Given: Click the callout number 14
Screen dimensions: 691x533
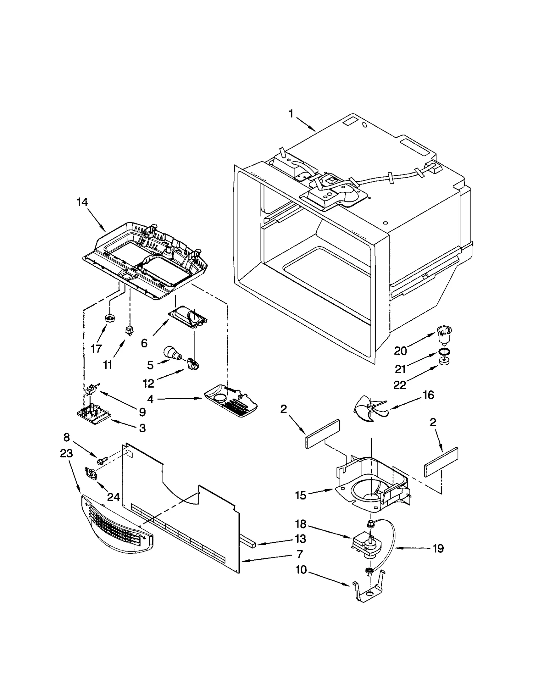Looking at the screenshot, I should coord(82,202).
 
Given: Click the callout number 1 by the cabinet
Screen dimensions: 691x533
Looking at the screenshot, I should coord(291,114).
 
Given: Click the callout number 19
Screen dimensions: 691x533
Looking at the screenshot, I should coord(438,548).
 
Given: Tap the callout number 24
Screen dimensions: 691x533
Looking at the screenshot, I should coord(113,497).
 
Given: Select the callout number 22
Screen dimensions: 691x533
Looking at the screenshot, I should coord(400,385).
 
